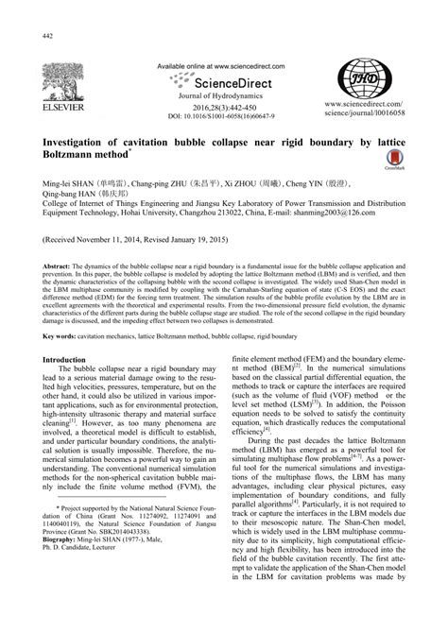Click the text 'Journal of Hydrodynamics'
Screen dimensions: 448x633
223,98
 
